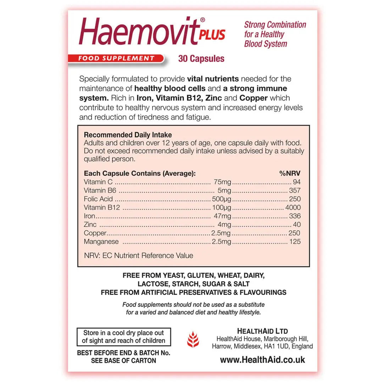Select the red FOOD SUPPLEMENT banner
tap(116, 59)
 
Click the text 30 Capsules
tap(201, 59)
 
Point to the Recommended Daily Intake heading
tap(128, 135)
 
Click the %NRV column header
tap(290, 173)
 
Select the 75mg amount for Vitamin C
tap(222, 182)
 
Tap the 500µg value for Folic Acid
tap(221, 199)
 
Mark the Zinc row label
tap(90, 224)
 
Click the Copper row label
tap(95, 233)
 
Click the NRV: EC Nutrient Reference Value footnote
tap(139, 255)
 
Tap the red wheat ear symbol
tap(193, 339)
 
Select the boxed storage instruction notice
tap(124, 337)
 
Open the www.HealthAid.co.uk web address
tap(262, 360)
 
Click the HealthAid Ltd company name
tap(262, 331)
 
